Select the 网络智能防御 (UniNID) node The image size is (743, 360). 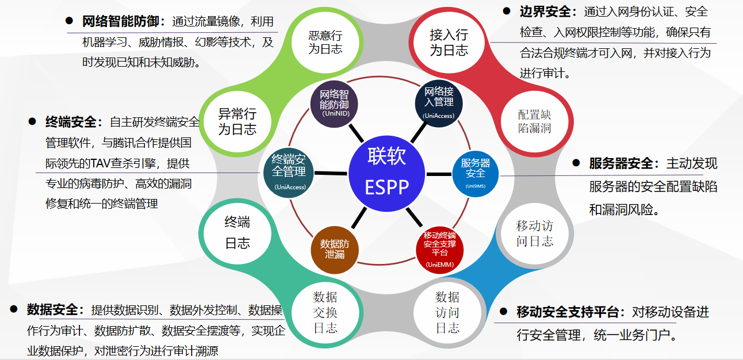pyautogui.click(x=334, y=103)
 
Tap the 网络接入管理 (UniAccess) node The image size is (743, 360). pyautogui.click(x=439, y=103)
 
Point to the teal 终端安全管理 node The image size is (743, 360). pyautogui.click(x=289, y=172)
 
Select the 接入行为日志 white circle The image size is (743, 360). pyautogui.click(x=449, y=43)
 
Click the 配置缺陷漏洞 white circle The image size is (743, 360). pyautogui.click(x=534, y=121)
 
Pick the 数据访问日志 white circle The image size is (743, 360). pyautogui.click(x=447, y=312)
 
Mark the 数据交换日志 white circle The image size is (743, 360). pyautogui.click(x=325, y=312)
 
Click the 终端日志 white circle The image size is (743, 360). pyautogui.click(x=237, y=233)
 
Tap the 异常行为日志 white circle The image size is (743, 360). pyautogui.click(x=237, y=121)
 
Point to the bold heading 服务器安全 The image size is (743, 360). pyautogui.click(x=621, y=163)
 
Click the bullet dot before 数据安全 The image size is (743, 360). pyautogui.click(x=13, y=309)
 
